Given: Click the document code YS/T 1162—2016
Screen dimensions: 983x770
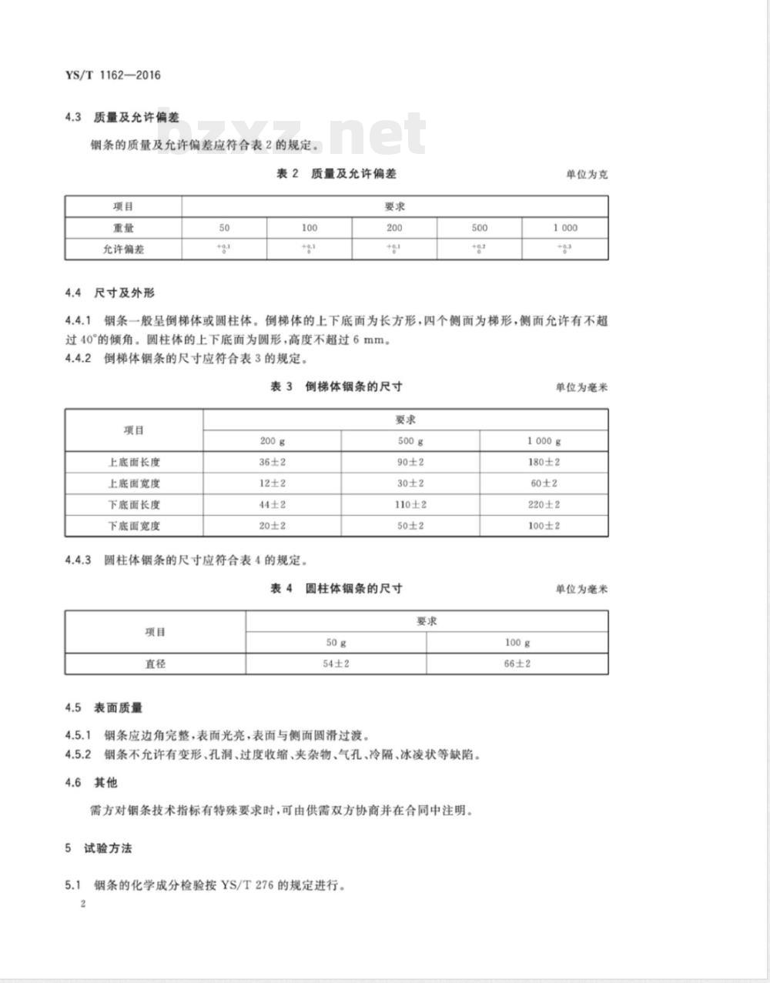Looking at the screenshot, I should point(113,75).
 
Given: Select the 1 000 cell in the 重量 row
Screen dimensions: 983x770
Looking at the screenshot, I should point(564,228).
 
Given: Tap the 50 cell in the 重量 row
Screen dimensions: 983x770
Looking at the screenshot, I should point(224,228).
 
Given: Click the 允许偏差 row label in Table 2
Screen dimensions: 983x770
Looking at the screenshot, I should point(123,249).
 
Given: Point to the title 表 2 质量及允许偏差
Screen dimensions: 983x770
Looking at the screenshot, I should point(336,174).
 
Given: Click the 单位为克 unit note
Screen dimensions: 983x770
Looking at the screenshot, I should point(587,175).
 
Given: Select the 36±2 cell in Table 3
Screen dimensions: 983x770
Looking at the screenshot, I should point(272,462).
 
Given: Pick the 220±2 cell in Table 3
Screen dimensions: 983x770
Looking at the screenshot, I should point(544,505).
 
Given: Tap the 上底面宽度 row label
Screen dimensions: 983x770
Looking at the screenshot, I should point(134,483).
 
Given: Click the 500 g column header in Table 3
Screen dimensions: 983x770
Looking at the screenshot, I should point(410,441).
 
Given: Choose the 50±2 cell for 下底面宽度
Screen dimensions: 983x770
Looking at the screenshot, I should point(410,526).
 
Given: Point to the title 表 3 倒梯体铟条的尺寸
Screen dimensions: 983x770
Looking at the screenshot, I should point(336,386).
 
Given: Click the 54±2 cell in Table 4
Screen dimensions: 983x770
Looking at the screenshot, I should point(336,664).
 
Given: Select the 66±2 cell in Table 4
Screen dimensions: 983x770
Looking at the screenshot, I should point(517,664).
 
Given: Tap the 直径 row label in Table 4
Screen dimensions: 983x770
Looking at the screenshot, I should point(155,664).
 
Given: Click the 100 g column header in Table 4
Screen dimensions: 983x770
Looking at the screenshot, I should point(517,643).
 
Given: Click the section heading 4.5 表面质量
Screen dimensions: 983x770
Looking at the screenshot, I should point(104,707).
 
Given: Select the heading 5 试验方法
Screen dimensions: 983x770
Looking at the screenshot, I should point(99,848).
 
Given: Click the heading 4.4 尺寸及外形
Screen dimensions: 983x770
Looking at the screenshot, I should point(110,293).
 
